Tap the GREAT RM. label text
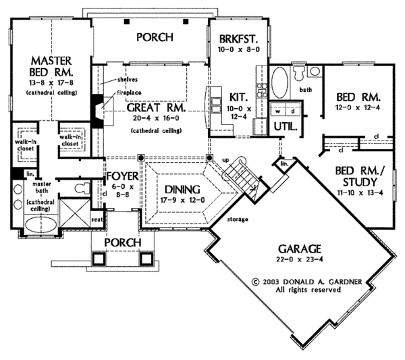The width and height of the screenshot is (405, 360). pyautogui.click(x=151, y=106)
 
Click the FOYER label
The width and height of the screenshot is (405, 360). pyautogui.click(x=122, y=177)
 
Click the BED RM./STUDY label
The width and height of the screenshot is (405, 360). pyautogui.click(x=360, y=175)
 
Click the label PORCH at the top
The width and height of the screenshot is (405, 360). pyautogui.click(x=154, y=36)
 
